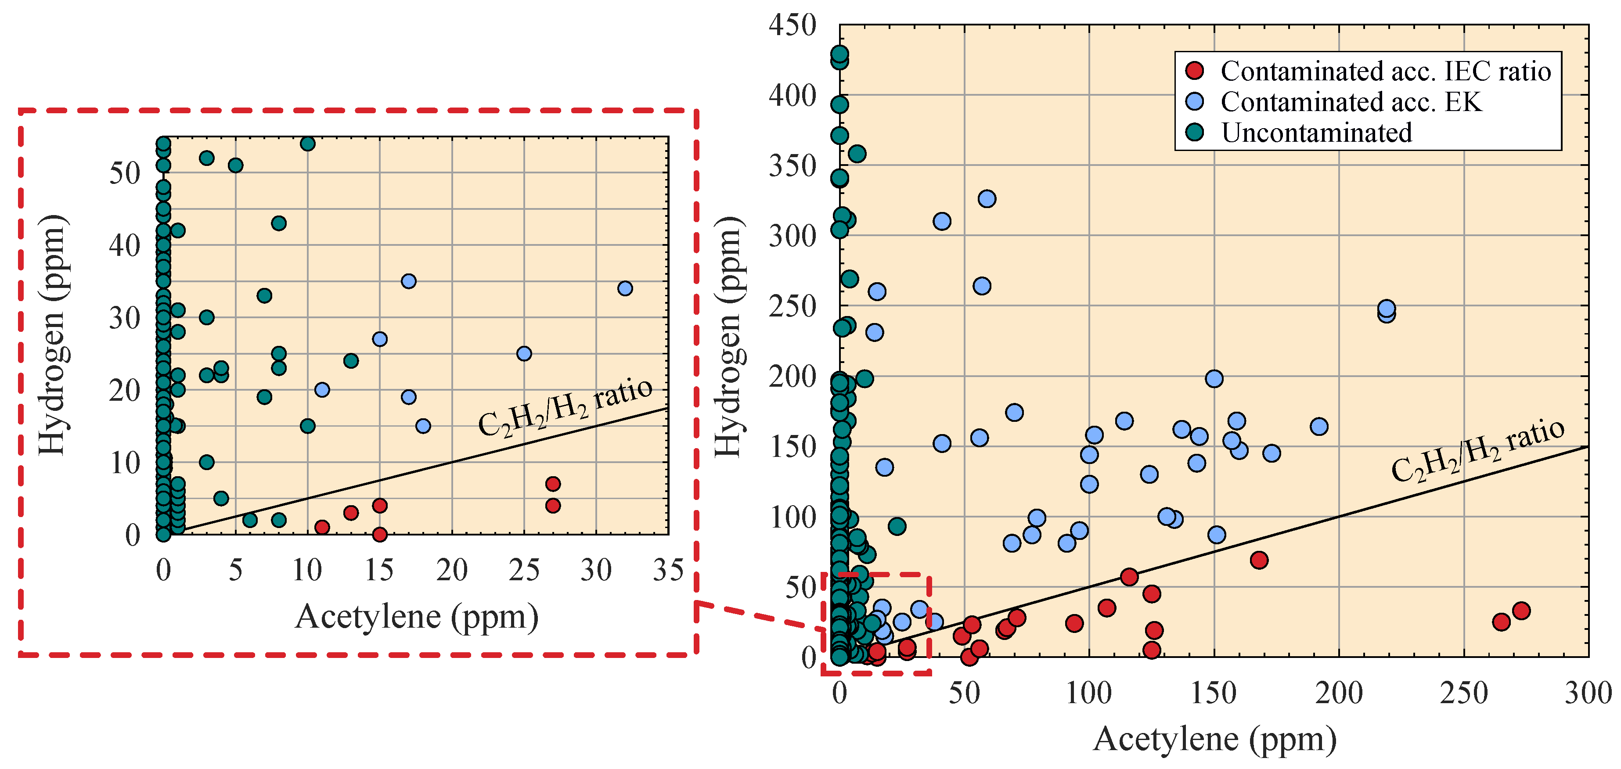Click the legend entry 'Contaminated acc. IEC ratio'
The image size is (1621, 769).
[x=1384, y=71]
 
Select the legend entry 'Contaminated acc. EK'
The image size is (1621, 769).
[x=1351, y=102]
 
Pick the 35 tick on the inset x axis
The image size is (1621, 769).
[x=668, y=570]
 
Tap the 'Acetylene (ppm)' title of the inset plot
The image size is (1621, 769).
[x=417, y=617]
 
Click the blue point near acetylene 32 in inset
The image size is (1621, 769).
[x=625, y=289]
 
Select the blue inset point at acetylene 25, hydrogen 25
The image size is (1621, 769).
[x=523, y=354]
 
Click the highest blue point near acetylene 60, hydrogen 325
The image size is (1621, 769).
[x=987, y=199]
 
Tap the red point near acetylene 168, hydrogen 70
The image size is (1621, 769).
[x=1258, y=560]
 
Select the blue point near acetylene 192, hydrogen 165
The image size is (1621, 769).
[x=1319, y=427]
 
